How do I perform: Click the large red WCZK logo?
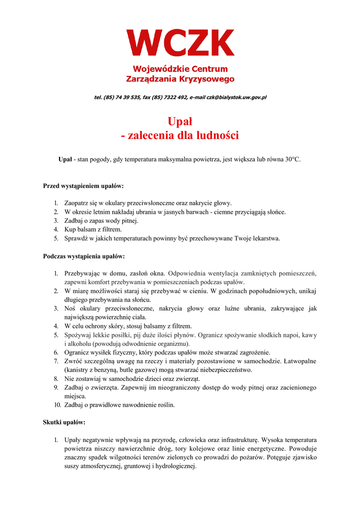180,43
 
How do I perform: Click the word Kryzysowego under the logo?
208,79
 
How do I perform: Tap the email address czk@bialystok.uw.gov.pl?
233,98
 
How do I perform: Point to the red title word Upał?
180,121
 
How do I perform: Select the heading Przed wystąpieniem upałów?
83,187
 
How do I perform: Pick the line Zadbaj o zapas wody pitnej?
101,221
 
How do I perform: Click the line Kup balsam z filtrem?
93,230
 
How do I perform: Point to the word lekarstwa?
266,239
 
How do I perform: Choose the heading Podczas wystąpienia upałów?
84,256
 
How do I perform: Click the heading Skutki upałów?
65,423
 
